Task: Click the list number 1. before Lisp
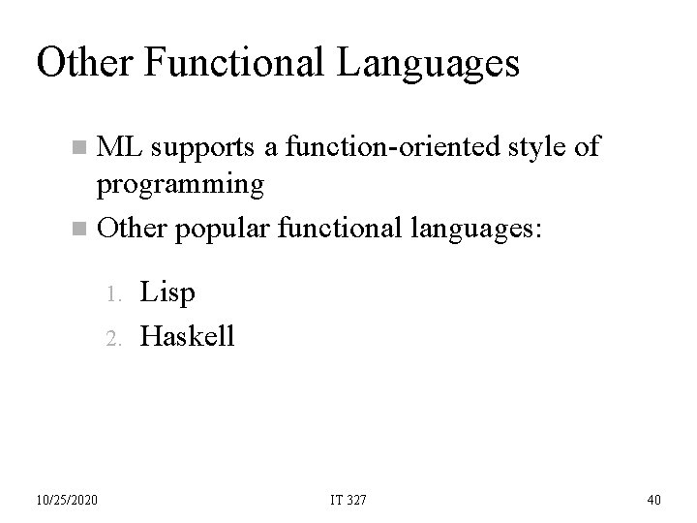point(113,292)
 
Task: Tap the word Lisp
point(167,291)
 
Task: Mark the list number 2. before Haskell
point(113,337)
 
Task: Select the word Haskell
point(187,335)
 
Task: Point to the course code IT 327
point(348,499)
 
